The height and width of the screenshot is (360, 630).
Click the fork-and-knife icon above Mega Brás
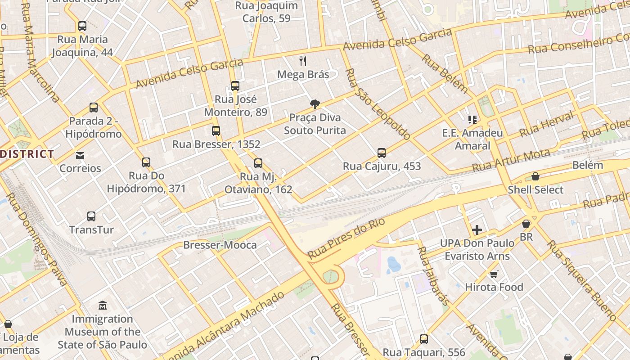point(303,61)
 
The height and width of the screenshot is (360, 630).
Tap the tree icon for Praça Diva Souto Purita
point(315,104)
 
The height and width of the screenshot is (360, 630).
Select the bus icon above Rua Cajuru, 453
point(382,153)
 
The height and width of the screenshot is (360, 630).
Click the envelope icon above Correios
point(80,155)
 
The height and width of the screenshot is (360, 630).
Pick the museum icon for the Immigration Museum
point(103,306)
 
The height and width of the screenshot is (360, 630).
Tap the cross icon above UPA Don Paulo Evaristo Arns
point(477,230)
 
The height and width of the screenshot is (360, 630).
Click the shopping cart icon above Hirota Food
point(494,274)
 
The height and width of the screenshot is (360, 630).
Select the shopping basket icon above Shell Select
point(535,176)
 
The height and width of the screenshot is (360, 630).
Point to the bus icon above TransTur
point(91,216)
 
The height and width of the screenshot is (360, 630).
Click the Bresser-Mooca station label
point(220,245)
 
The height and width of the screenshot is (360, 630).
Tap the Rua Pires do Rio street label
point(346,238)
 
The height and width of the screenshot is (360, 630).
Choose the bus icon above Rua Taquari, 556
point(424,339)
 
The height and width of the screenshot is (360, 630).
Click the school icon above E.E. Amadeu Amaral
point(472,120)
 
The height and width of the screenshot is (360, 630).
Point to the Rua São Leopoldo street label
point(378,104)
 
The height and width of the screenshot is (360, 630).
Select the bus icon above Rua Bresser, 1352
point(216,131)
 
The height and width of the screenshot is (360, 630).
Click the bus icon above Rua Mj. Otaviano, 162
point(258,163)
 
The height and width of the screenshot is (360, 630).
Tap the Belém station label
point(587,165)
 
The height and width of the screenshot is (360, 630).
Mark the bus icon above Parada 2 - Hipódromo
point(94,108)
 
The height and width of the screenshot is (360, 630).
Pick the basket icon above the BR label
point(526,224)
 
